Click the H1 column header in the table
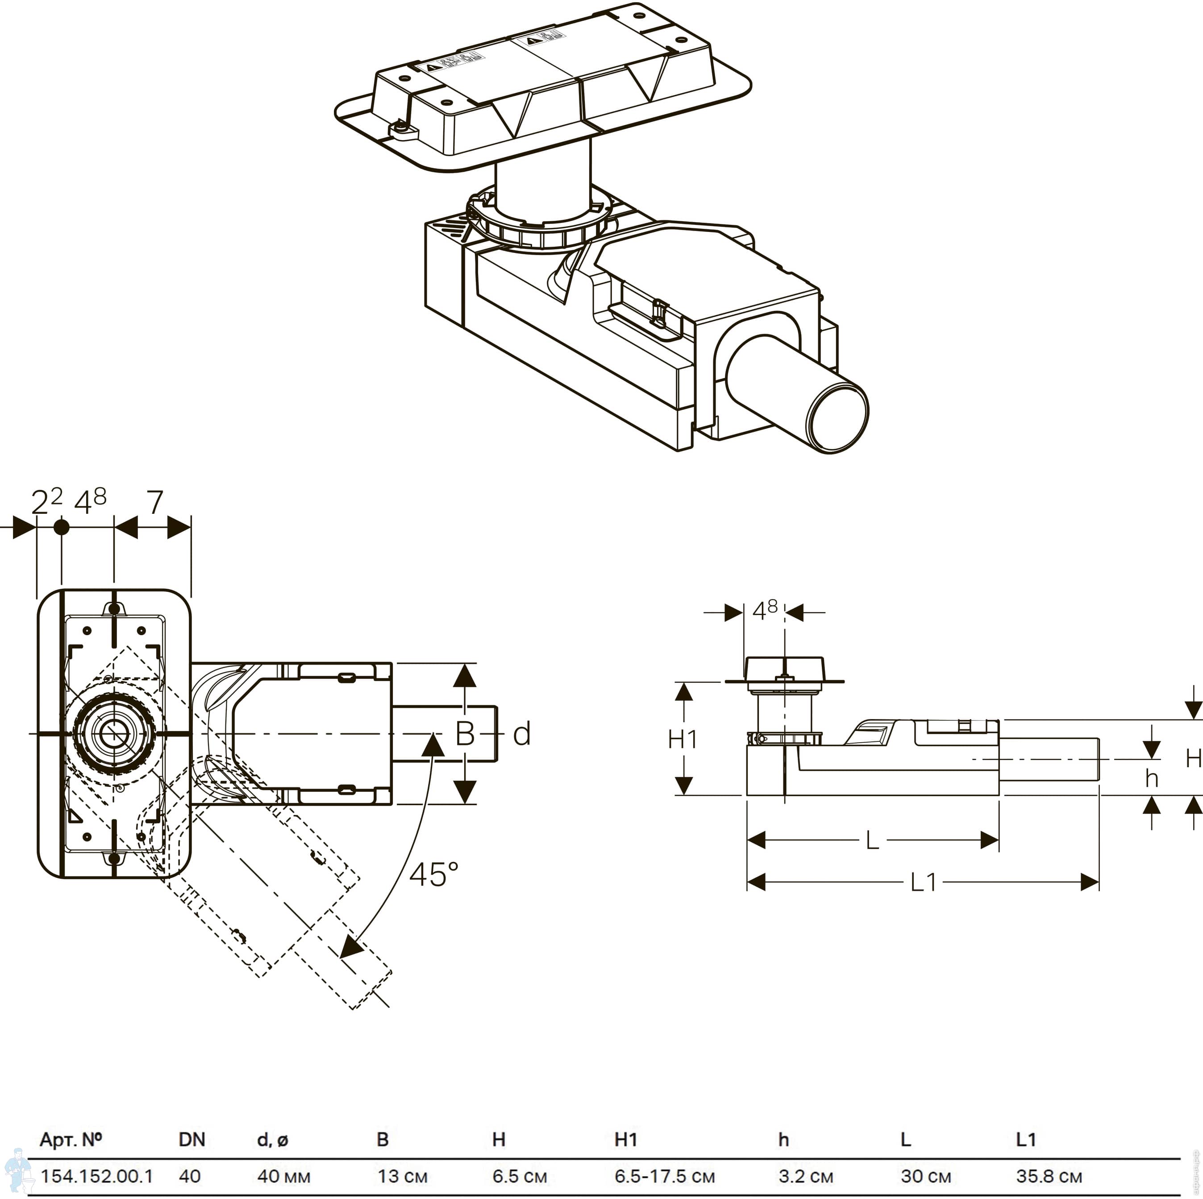click(625, 1139)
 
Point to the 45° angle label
click(433, 874)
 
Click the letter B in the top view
click(465, 734)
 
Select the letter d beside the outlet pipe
click(521, 734)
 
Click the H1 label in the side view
click(683, 739)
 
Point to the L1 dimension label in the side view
click(924, 882)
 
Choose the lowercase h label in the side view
click(1151, 778)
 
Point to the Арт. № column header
click(71, 1139)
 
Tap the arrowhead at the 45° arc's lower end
click(350, 948)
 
